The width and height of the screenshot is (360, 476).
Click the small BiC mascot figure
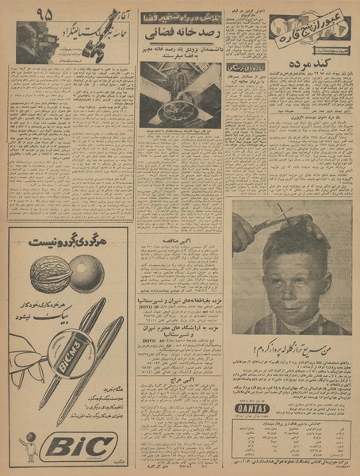(x=30, y=447)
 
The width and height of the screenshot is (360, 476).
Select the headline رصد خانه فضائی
(x=179, y=36)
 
